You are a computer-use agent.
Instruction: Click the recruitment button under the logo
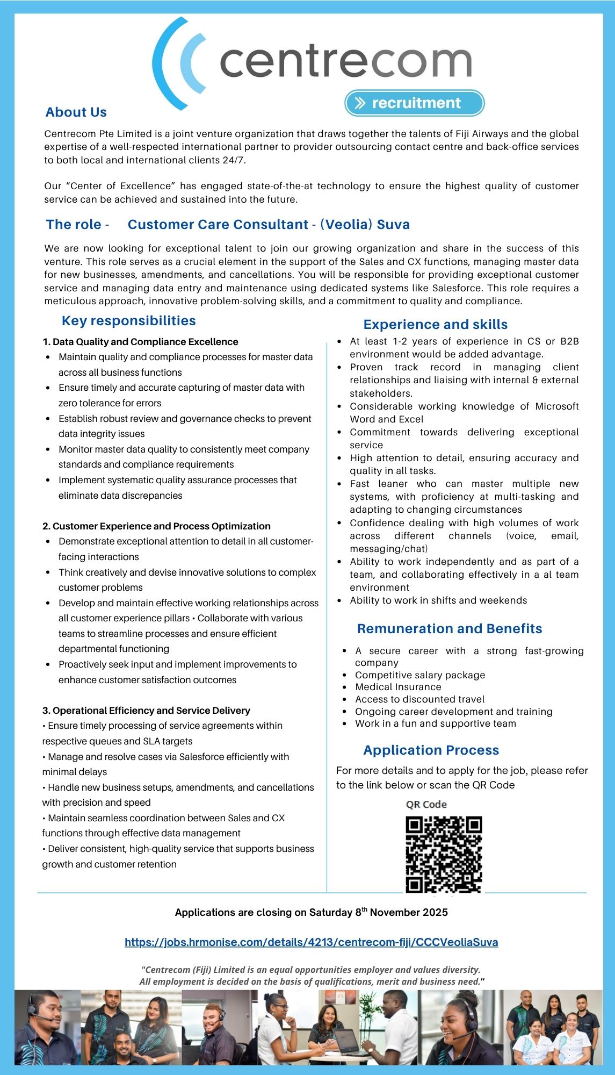click(415, 103)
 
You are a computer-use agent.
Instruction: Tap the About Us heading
click(76, 112)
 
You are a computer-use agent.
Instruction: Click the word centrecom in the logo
click(345, 62)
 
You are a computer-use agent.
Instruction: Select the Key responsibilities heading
click(129, 321)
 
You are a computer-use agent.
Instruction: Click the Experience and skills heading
click(436, 325)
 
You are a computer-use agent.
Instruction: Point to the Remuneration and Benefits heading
click(450, 629)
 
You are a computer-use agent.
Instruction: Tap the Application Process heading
click(431, 750)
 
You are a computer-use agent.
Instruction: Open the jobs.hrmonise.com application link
click(311, 942)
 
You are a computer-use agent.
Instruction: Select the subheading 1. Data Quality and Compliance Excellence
click(140, 342)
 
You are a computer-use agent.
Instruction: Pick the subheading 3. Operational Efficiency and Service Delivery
click(146, 711)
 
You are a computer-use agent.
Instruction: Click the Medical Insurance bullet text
click(398, 687)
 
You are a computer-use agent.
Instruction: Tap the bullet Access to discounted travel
click(419, 699)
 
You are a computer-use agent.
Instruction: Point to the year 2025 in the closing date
click(435, 912)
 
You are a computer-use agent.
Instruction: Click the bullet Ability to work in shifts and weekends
click(438, 600)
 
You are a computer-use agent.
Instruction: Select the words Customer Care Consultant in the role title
click(218, 225)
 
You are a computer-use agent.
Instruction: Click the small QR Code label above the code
click(426, 804)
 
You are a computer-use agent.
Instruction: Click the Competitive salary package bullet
click(420, 675)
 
